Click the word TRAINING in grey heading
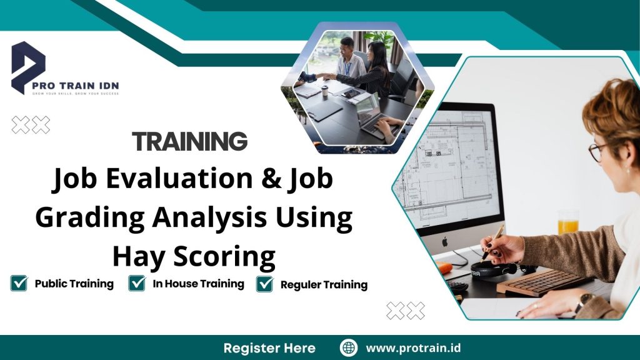(x=189, y=142)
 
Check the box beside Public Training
(x=19, y=284)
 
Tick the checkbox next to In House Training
(x=137, y=284)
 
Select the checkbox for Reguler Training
(x=265, y=284)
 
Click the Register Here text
(x=269, y=348)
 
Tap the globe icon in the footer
(x=348, y=348)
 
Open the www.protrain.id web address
(x=413, y=348)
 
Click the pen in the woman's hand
(x=493, y=240)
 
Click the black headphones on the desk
(x=494, y=269)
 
